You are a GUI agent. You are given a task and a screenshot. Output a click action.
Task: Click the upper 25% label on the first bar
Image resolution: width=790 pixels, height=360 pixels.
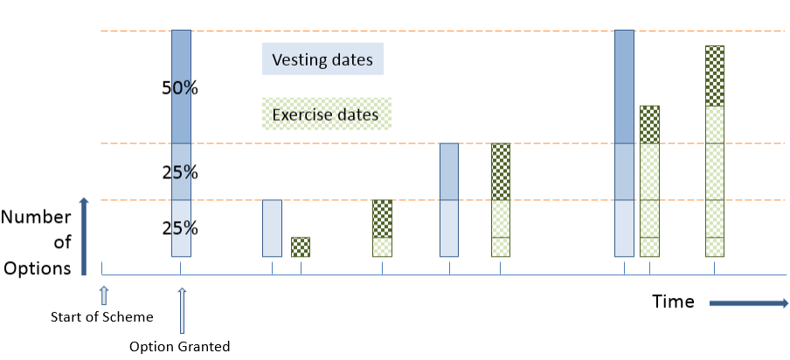coord(180,172)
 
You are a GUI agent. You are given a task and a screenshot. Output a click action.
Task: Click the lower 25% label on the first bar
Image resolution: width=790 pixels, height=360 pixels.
coord(180,229)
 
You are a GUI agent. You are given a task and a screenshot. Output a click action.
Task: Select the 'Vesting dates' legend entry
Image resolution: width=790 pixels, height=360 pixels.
coord(322,60)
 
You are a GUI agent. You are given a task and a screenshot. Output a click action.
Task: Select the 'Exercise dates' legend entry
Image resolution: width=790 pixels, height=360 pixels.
coord(325,114)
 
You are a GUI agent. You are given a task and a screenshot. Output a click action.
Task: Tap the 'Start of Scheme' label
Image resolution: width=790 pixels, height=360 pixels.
coord(101,316)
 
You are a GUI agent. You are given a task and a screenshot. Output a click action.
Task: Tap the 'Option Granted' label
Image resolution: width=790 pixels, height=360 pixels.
coord(179,347)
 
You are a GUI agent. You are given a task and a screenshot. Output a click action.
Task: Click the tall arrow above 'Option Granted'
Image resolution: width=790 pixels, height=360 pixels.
coord(181,311)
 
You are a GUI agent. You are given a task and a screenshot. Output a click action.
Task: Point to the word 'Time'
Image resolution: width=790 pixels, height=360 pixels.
coord(673,302)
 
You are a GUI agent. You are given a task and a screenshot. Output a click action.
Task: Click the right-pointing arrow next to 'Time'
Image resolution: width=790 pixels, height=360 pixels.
coord(747,303)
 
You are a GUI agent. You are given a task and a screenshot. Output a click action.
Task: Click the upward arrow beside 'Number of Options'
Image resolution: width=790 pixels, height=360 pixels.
coord(85,236)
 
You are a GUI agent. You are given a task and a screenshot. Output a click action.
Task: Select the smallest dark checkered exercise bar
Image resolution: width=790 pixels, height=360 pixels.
coord(301,246)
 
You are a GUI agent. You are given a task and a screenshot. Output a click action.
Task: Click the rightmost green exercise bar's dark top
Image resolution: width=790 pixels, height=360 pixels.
coord(715,75)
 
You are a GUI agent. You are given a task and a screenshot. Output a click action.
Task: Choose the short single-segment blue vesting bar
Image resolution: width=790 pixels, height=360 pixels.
coord(273,228)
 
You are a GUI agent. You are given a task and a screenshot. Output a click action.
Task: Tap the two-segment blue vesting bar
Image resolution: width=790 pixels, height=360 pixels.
coord(449,199)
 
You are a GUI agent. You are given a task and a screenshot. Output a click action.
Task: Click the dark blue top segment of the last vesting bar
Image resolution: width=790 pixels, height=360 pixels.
coord(624,86)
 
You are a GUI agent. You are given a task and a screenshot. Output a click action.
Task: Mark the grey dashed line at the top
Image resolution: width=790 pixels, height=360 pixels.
coord(393,31)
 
